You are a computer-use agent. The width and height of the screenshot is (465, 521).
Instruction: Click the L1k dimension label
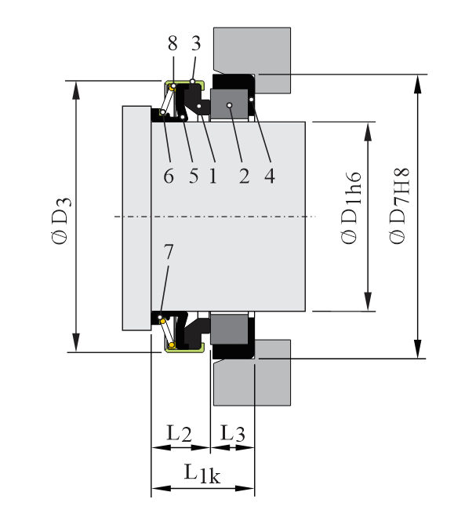(x=201, y=472)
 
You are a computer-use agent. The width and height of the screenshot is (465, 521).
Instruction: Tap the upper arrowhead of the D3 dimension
(x=76, y=89)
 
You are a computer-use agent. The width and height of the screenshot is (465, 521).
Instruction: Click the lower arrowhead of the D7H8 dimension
(x=418, y=349)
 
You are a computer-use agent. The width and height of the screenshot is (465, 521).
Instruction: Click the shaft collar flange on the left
(x=136, y=217)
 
